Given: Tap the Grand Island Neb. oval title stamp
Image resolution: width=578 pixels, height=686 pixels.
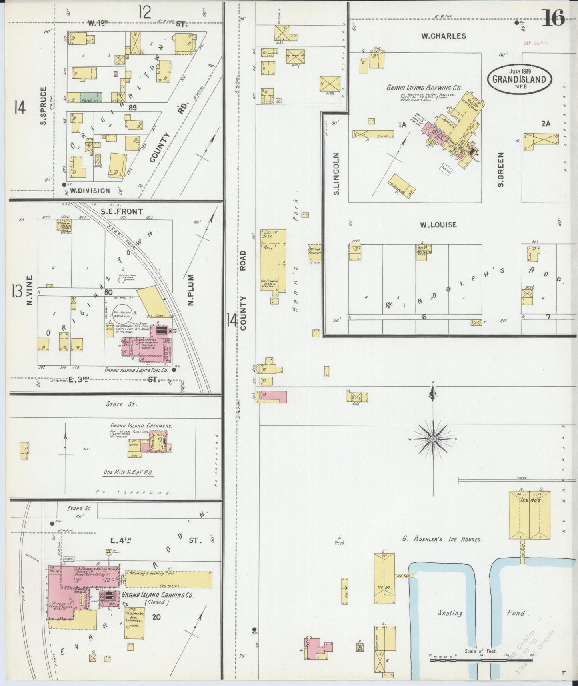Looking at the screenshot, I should point(519,79).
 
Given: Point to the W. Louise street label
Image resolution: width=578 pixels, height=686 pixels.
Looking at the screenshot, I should point(438,225).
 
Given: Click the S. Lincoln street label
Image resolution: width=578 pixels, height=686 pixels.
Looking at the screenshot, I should point(336,174).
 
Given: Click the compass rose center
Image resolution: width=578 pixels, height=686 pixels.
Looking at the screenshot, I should point(433,439).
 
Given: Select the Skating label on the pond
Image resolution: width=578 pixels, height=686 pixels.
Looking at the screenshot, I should point(450,613).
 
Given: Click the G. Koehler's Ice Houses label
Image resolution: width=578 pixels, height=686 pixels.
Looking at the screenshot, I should point(442,540).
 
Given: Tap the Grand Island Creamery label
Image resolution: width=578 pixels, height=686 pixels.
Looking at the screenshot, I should point(141,426).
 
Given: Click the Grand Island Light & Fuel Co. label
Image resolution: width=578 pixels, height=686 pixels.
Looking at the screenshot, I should point(136,370).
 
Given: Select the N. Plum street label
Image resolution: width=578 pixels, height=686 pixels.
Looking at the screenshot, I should point(191,290).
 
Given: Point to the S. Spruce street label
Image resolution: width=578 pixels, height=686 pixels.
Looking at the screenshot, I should point(43,106).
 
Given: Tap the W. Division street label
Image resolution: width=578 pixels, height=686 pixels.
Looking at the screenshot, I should point(90,191).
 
